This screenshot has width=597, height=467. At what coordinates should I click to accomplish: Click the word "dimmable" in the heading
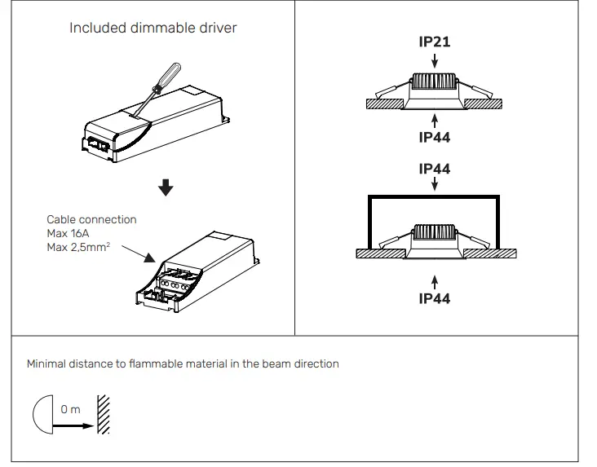pyautogui.click(x=163, y=29)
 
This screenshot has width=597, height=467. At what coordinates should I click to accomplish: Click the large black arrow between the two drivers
pyautogui.click(x=166, y=188)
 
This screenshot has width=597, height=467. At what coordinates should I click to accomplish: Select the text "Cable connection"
pyautogui.click(x=91, y=220)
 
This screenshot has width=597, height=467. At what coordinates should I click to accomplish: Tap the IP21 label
pyautogui.click(x=434, y=42)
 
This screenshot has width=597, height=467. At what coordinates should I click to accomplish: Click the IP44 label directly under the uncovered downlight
pyautogui.click(x=434, y=138)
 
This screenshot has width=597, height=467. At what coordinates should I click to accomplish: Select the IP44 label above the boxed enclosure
pyautogui.click(x=434, y=170)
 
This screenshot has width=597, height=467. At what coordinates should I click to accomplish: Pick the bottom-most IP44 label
pyautogui.click(x=434, y=298)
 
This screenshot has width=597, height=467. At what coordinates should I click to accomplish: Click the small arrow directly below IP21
pyautogui.click(x=434, y=59)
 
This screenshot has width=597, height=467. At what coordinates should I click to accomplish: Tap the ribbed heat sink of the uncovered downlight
pyautogui.click(x=434, y=82)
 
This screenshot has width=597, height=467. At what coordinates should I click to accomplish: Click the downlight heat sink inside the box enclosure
pyautogui.click(x=434, y=231)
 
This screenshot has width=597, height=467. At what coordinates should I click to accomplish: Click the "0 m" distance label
pyautogui.click(x=71, y=409)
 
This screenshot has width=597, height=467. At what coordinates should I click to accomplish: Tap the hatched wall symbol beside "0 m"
pyautogui.click(x=103, y=415)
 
